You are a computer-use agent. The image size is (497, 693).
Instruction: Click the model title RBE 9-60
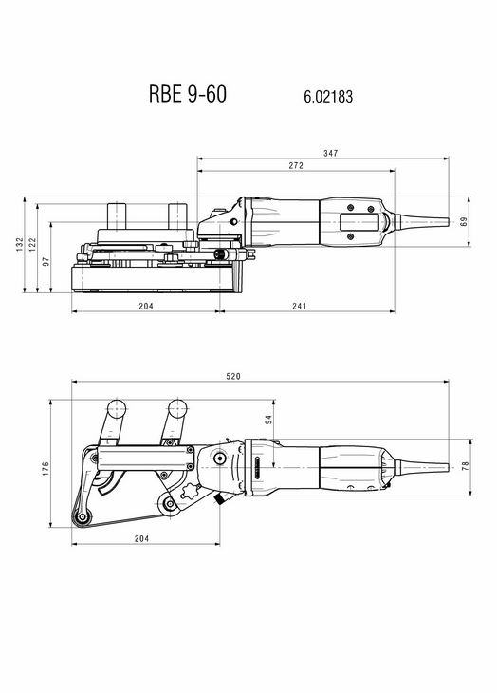coord(188,94)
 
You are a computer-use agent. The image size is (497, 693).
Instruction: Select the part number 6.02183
coord(328,97)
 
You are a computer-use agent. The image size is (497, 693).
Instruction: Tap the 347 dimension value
coord(330,153)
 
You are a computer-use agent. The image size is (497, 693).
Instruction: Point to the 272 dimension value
coord(296,165)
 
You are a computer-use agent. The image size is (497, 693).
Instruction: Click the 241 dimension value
coord(299,306)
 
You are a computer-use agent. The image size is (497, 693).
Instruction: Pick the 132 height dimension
coord(19,244)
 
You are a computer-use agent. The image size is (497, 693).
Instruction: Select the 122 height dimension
coord(32,244)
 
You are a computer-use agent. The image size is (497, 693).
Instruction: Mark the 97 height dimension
coord(46,261)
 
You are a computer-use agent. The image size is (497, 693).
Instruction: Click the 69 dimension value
coord(464,221)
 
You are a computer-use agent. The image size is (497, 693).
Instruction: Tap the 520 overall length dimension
coord(233,376)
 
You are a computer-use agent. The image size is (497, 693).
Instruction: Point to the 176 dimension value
coord(46,469)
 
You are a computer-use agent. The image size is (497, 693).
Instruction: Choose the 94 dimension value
coord(268,420)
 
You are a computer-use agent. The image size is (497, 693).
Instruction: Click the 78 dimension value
coord(465,466)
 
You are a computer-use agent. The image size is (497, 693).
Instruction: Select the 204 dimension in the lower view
coord(141,538)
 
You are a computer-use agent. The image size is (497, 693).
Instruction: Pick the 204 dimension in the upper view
coord(146,306)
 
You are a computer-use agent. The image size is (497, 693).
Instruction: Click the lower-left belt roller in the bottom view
coord(83,517)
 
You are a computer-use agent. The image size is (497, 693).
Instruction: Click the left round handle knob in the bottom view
coord(116,409)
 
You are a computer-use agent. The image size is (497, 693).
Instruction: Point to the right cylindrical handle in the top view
coord(178,216)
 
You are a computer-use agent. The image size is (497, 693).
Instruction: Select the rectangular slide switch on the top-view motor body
coord(359,222)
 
